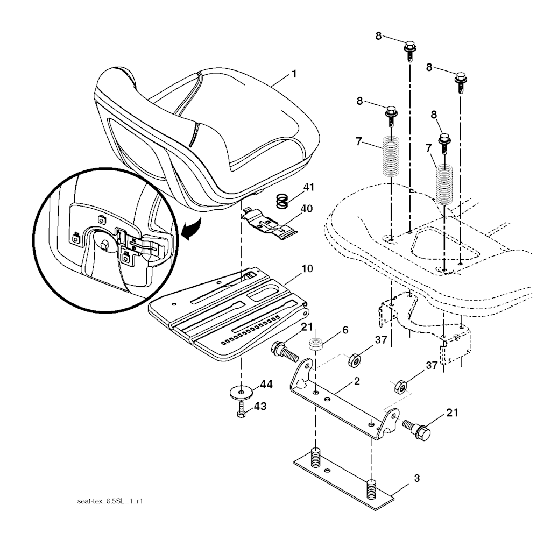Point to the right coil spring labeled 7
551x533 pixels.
click(445, 184)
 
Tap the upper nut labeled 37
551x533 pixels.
click(355, 359)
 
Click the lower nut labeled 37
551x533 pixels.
click(401, 386)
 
